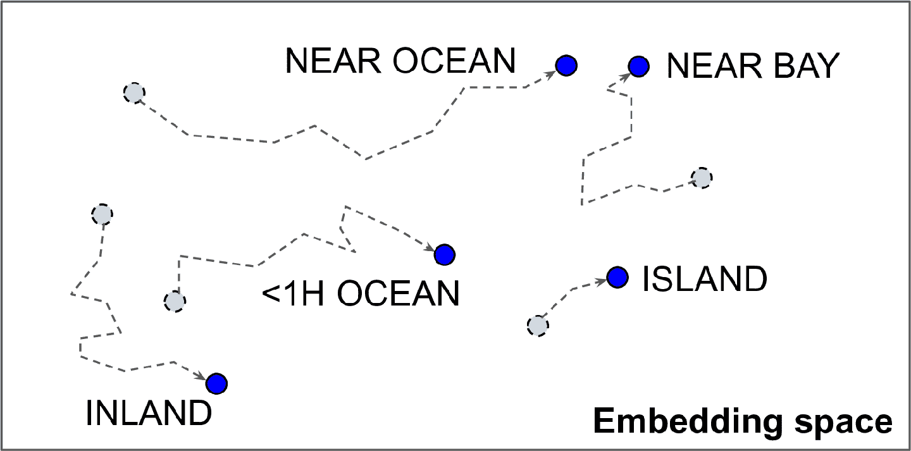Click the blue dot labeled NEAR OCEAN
click(566, 65)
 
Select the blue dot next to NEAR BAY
click(639, 65)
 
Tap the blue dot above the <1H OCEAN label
click(445, 254)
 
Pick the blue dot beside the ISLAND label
click(617, 276)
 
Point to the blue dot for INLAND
click(216, 383)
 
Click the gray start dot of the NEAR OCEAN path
click(133, 94)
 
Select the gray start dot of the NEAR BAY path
click(701, 178)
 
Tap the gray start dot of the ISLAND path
click(537, 325)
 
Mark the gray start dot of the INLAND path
click(101, 214)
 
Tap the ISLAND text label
click(704, 279)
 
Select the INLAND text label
click(148, 414)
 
